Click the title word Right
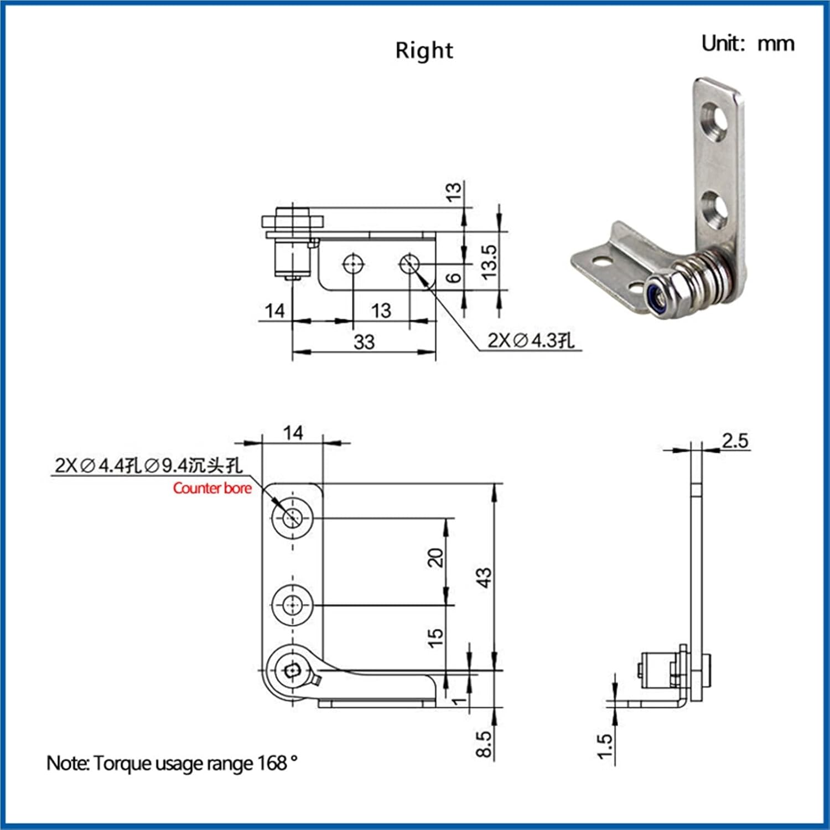point(424,51)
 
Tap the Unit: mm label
point(747,44)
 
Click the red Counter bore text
point(212,488)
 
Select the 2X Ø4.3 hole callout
point(530,340)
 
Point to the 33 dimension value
point(364,342)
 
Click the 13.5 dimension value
point(489,262)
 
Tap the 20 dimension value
point(435,557)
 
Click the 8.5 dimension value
point(483,744)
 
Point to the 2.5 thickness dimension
point(735,441)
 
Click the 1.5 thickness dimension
point(605,746)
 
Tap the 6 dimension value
point(453,277)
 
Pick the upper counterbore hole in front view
point(292,518)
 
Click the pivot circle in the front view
point(292,671)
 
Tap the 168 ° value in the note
point(277,764)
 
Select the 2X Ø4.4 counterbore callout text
point(148,466)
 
